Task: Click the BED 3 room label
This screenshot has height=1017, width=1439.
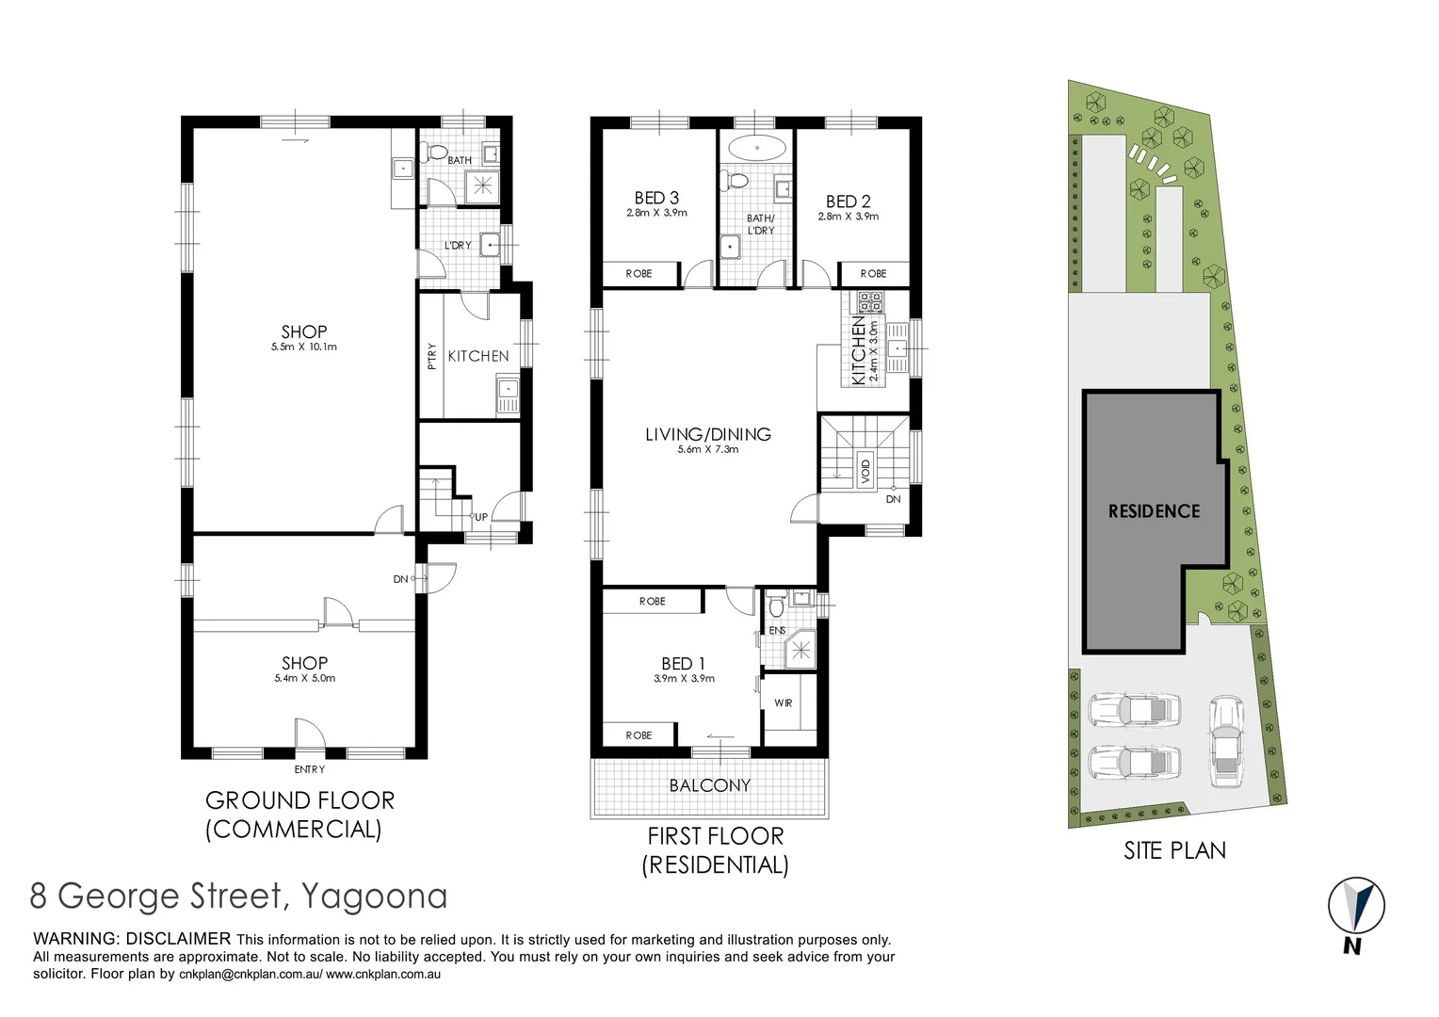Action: pos(656,198)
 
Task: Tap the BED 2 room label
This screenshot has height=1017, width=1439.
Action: pos(848,202)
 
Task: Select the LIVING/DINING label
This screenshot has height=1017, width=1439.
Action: pos(708,434)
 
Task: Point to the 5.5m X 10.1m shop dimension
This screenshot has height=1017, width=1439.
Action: pos(304,347)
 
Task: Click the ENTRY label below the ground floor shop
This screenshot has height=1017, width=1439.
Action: pos(309,769)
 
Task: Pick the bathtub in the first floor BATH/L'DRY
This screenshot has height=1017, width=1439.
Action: pos(757,148)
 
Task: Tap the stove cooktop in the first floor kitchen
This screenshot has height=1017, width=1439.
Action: pos(869,302)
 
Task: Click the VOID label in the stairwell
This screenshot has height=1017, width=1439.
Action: pos(865,468)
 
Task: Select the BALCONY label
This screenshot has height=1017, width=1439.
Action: pos(710,785)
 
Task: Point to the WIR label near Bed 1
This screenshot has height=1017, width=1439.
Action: pos(784,703)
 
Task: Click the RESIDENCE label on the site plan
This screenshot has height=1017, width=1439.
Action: pos(1154,511)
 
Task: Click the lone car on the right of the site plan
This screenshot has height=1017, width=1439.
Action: pos(1226,741)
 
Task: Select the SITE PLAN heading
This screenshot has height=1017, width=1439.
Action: pos(1174,850)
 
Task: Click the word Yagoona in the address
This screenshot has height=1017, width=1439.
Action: pos(374,896)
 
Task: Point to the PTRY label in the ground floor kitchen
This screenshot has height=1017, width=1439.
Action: pos(432,356)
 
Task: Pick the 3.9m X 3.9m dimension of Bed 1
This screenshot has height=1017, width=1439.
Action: pos(684,679)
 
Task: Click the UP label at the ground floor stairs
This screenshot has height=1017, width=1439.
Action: pos(481,517)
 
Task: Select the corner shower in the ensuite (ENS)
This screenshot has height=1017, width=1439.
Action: pos(801,649)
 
